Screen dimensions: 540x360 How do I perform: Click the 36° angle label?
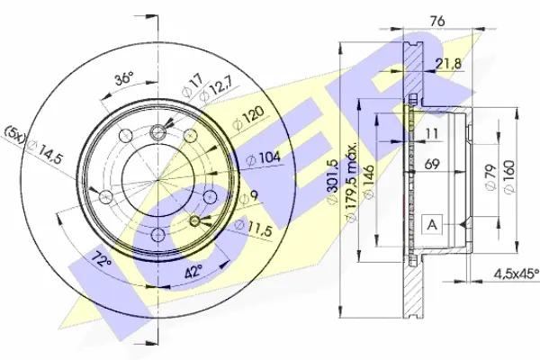point(124,78)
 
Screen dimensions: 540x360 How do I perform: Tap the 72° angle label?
point(100,260)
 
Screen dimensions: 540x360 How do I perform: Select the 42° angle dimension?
point(193,272)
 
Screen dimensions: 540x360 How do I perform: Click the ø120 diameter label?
point(248,117)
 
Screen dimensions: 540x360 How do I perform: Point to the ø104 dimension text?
point(264,158)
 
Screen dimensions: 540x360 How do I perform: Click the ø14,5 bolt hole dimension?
point(45,153)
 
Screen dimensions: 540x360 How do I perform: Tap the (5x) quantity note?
point(14,135)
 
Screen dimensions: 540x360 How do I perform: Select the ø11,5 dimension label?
point(253,227)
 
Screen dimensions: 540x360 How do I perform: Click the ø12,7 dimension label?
point(217,90)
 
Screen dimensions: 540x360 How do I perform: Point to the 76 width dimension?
point(437,21)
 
